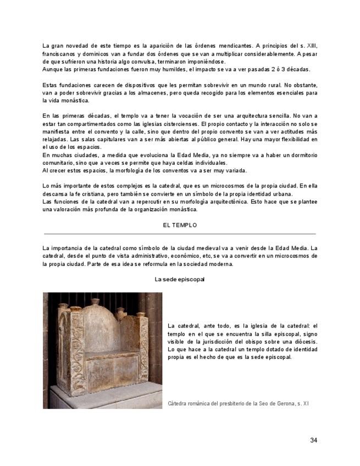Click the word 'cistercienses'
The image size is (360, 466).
[x=178, y=124]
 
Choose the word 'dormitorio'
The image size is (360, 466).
[x=302, y=156]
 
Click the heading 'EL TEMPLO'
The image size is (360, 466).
[x=180, y=225]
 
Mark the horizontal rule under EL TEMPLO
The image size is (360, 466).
[x=180, y=234]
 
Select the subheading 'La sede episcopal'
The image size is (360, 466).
[x=180, y=279]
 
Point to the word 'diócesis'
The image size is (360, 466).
[x=305, y=341]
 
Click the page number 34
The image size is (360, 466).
[x=313, y=440]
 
